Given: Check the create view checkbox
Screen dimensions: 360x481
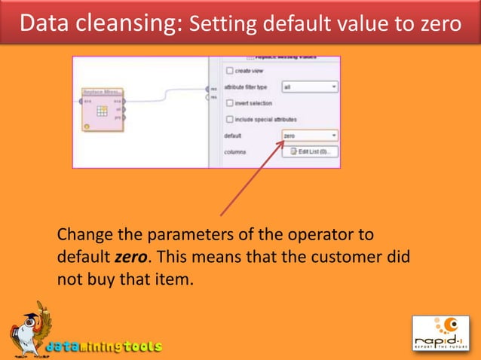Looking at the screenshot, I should (229, 71).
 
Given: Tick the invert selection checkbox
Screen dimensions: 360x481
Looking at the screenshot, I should (229, 103).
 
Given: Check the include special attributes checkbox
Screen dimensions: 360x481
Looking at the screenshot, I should (229, 120).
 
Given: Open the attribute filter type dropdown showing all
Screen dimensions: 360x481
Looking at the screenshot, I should (310, 87).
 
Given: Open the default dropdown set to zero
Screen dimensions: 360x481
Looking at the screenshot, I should (310, 136).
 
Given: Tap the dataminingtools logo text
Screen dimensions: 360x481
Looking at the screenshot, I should (103, 347).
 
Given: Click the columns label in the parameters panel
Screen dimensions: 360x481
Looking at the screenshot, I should (236, 151).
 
